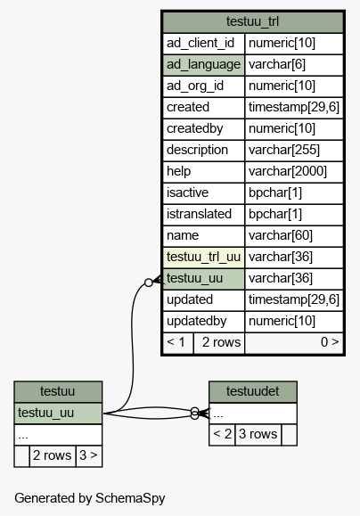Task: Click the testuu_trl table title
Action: click(x=252, y=21)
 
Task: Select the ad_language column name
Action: click(x=203, y=64)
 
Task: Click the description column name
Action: click(x=197, y=150)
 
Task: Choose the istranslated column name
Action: click(x=199, y=214)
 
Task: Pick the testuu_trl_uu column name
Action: click(x=203, y=257)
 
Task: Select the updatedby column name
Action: click(x=196, y=321)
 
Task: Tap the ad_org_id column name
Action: click(x=195, y=86)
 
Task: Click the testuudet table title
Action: click(x=252, y=391)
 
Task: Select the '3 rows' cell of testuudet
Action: click(x=258, y=434)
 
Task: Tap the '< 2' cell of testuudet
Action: click(x=222, y=434)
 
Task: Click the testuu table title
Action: click(x=58, y=391)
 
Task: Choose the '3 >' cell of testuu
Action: click(x=89, y=455)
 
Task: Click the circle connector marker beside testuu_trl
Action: click(x=149, y=283)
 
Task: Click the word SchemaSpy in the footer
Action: click(x=130, y=498)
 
